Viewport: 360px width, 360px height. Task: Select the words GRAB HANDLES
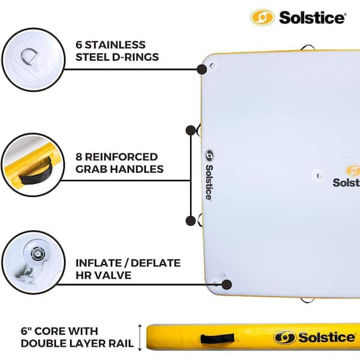(x=119, y=170)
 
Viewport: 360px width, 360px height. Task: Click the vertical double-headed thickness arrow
(x=140, y=337)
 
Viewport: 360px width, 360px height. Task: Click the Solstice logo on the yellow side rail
(x=310, y=338)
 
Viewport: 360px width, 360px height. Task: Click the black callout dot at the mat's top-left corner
(x=202, y=69)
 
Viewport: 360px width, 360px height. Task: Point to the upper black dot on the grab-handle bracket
(x=191, y=129)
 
